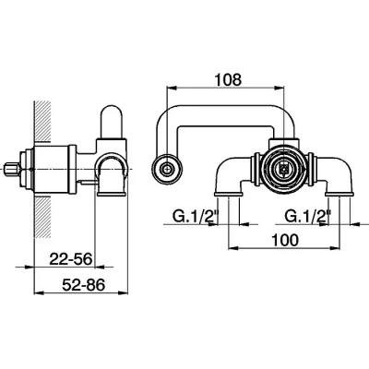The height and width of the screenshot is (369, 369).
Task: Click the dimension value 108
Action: (x=228, y=79)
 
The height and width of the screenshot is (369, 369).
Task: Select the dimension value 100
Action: (x=284, y=240)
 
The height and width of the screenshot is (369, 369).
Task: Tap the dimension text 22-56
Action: (x=71, y=259)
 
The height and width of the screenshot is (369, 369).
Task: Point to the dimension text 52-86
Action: (x=84, y=285)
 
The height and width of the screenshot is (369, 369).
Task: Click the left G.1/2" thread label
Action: (x=196, y=217)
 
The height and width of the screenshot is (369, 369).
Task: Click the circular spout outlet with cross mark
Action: (x=167, y=169)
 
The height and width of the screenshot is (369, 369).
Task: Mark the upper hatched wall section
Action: (x=42, y=121)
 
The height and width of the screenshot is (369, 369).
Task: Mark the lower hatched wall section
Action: (x=42, y=217)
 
